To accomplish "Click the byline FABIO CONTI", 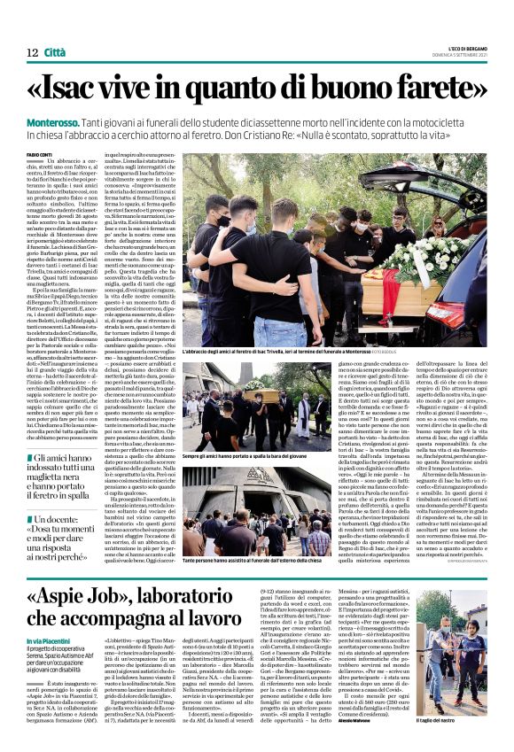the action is (x=42, y=156).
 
